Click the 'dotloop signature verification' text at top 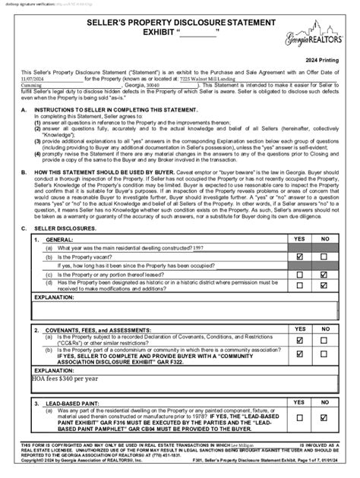click(34, 4)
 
